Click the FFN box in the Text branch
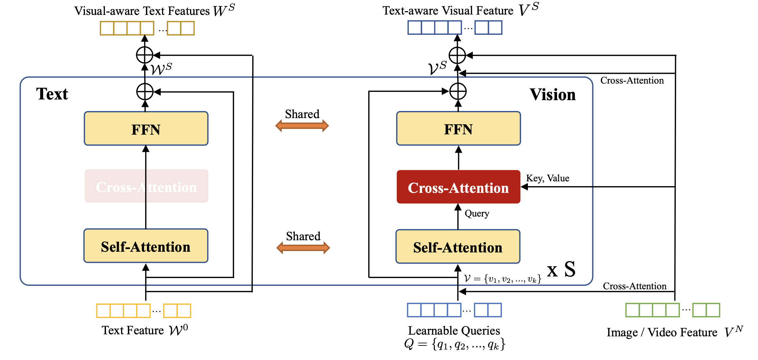click(146, 129)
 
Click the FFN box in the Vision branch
click(458, 129)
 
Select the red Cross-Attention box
click(458, 187)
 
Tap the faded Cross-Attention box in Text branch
click(146, 186)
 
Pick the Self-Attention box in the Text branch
click(146, 246)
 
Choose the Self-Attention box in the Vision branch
click(458, 247)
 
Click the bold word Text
click(52, 94)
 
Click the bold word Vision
click(553, 95)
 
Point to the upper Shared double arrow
click(302, 126)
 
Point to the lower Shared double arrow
click(303, 248)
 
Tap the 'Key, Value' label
click(548, 178)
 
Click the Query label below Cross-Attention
click(477, 213)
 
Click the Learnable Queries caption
click(454, 331)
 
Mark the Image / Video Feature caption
click(662, 333)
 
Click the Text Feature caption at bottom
click(133, 330)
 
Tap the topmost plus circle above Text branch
click(145, 55)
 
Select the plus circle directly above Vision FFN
click(458, 91)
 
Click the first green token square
click(632, 310)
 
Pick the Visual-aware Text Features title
click(142, 11)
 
